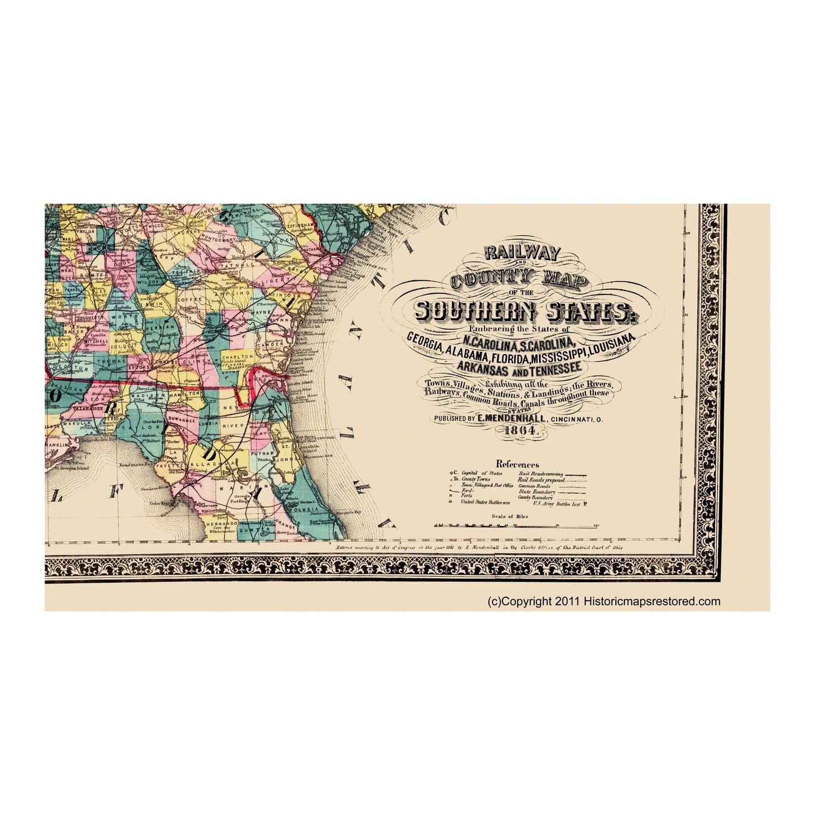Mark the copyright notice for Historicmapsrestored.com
click(603, 601)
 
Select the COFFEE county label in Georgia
click(186, 284)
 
